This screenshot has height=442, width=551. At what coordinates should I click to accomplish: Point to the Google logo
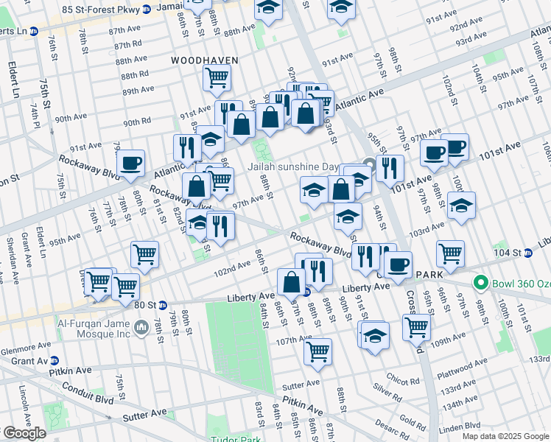24,433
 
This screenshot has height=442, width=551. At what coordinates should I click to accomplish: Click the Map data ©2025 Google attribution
505,436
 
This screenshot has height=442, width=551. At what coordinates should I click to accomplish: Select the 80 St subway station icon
163,305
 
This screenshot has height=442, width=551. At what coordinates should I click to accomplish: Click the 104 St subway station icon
528,252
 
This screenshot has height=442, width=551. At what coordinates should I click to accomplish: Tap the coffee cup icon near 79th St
130,162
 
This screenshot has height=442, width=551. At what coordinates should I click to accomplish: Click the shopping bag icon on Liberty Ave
292,281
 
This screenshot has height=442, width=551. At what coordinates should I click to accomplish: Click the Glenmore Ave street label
21,351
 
